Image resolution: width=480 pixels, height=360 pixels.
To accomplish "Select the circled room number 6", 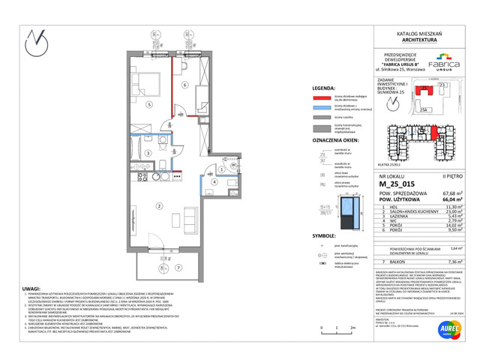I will (x=184, y=85).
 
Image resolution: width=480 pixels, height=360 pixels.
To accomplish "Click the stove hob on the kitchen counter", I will (x=139, y=179).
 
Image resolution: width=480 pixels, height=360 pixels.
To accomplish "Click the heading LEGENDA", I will (x=322, y=87).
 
